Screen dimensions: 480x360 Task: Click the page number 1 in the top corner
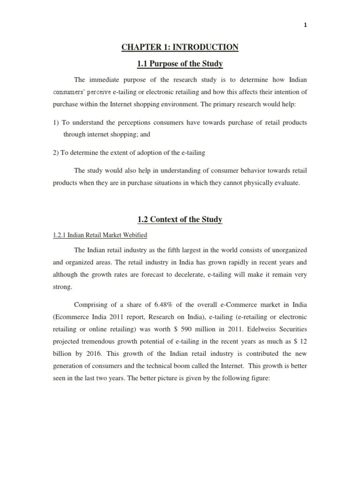tap(305, 26)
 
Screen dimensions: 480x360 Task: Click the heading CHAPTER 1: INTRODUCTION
tap(180, 47)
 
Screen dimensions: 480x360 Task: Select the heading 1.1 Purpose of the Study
tap(180, 64)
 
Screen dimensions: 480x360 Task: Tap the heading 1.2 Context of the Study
tap(180, 219)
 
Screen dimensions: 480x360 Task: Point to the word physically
tap(246, 183)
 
